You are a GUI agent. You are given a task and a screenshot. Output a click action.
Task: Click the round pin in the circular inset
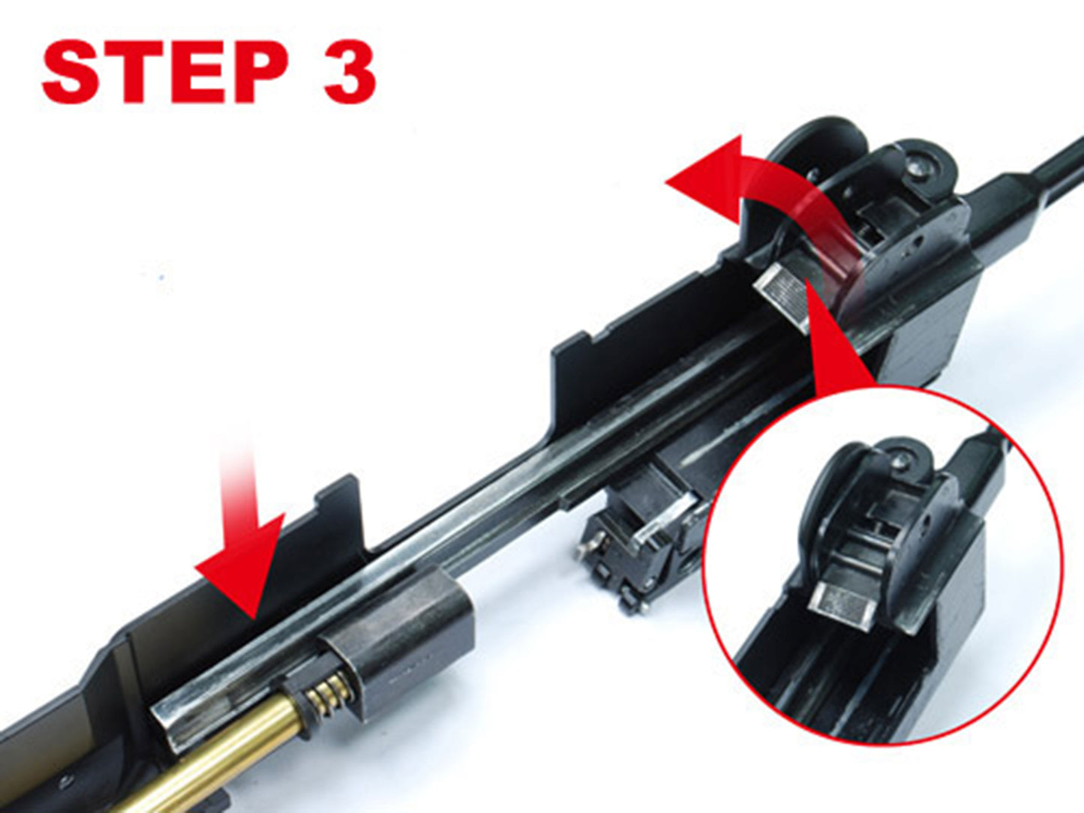click(899, 459)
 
